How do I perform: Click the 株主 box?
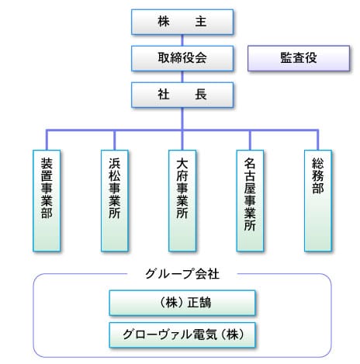pyautogui.click(x=182, y=22)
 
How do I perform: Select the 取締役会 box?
pyautogui.click(x=182, y=58)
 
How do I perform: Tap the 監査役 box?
pyautogui.click(x=299, y=58)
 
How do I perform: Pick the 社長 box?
pyautogui.click(x=182, y=95)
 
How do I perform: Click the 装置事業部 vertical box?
pyautogui.click(x=47, y=200)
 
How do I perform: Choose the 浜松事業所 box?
pyautogui.click(x=115, y=200)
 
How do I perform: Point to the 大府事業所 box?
pyautogui.click(x=182, y=200)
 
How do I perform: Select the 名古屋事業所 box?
pyautogui.click(x=250, y=200)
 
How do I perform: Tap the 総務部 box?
pyautogui.click(x=318, y=200)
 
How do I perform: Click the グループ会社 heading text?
pyautogui.click(x=182, y=274)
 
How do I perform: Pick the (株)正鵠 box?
pyautogui.click(x=182, y=303)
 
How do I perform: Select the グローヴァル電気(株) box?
pyautogui.click(x=182, y=335)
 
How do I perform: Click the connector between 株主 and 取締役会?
pyautogui.click(x=182, y=40)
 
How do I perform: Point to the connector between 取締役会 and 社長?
pyautogui.click(x=182, y=77)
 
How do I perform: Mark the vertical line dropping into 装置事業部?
pyautogui.click(x=47, y=140)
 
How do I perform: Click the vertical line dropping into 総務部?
pyautogui.click(x=318, y=140)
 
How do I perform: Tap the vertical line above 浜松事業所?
pyautogui.click(x=115, y=140)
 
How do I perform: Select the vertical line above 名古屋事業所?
pyautogui.click(x=250, y=140)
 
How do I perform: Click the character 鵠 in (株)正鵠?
pyautogui.click(x=205, y=303)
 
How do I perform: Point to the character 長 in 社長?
pyautogui.click(x=201, y=95)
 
